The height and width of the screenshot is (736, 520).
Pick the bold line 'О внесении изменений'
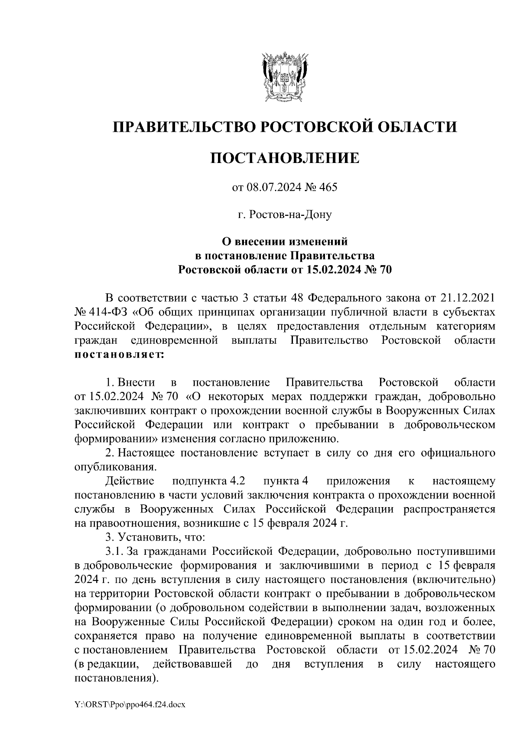tap(285, 240)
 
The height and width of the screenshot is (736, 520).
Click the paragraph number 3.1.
tap(115, 552)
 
